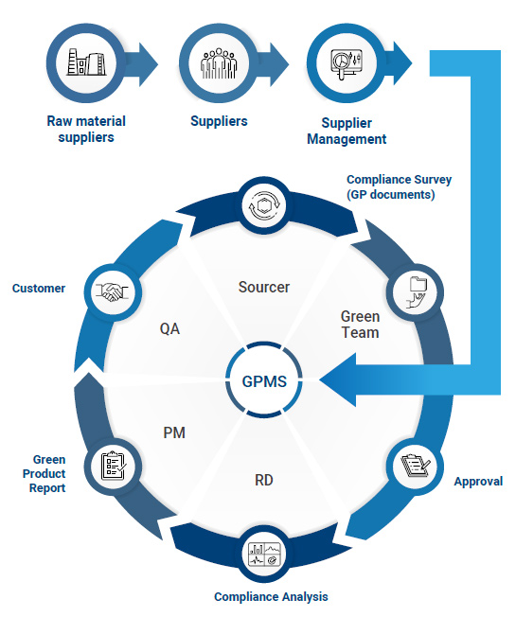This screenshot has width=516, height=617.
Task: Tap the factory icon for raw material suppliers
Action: (85, 63)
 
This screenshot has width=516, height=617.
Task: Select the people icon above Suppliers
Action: (219, 63)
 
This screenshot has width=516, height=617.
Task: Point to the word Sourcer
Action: (264, 287)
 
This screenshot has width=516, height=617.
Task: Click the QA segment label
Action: (170, 329)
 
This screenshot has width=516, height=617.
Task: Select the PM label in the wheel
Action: (173, 432)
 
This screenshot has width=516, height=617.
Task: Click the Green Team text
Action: (360, 324)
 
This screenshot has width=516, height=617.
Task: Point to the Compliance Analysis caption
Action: (270, 597)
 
